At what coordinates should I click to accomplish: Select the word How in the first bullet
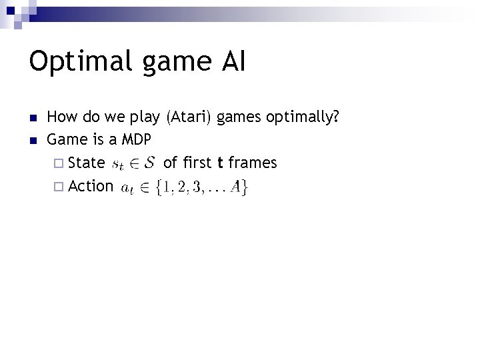click(x=61, y=118)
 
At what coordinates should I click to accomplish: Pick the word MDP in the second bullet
click(x=137, y=141)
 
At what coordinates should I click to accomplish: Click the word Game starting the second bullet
click(x=63, y=141)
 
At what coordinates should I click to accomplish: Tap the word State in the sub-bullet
click(x=87, y=163)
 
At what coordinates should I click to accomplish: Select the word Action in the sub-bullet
click(x=91, y=186)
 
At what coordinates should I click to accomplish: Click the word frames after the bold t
click(x=253, y=163)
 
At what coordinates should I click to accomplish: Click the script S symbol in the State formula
click(x=150, y=163)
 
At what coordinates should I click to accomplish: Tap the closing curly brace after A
click(x=245, y=187)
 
